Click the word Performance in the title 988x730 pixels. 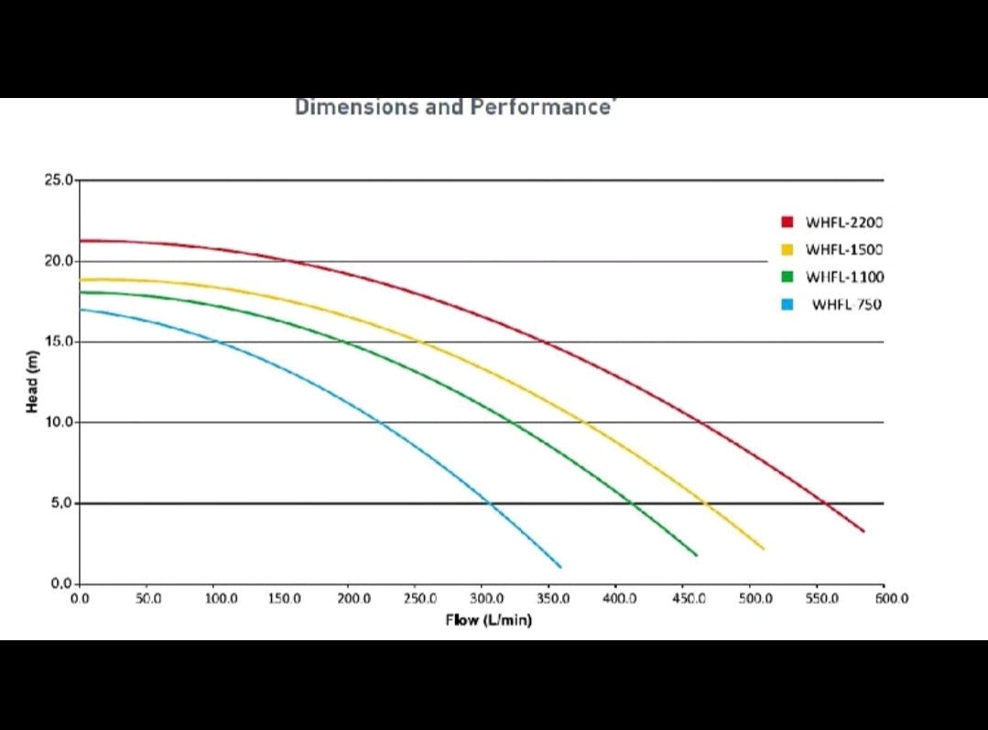pos(541,107)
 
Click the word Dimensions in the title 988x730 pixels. pos(355,107)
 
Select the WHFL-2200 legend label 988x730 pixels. pos(844,223)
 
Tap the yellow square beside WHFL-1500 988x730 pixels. pos(787,250)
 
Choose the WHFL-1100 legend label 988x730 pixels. pos(844,278)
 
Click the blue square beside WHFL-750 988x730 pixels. pos(787,305)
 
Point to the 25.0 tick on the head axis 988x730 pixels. pos(59,180)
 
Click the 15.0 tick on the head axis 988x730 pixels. pos(59,342)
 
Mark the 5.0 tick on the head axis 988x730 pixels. pos(60,503)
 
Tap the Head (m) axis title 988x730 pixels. pos(32,382)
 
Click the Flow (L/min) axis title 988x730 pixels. pos(489,620)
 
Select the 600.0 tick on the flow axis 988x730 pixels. pos(891,599)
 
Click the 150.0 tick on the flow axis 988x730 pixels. pos(285,599)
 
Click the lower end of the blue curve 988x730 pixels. pos(559,566)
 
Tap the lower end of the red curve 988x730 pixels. pos(863,530)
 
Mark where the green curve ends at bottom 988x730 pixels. pos(696,555)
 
